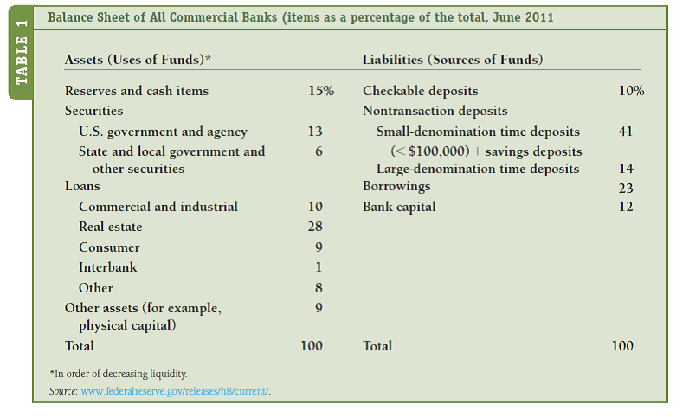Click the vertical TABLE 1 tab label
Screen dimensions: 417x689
(x=22, y=53)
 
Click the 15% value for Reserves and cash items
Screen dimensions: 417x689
(x=320, y=91)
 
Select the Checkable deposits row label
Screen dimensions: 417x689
(x=420, y=91)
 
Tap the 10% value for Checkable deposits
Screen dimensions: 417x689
(x=631, y=91)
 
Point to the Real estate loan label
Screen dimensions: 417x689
(x=110, y=227)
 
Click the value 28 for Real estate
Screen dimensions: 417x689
(x=314, y=227)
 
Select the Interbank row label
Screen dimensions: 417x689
(x=107, y=267)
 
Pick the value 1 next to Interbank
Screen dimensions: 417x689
(x=319, y=267)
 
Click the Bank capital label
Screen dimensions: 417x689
(x=399, y=207)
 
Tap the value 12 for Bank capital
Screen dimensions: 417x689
(x=626, y=207)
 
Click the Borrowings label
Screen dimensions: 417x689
(x=396, y=187)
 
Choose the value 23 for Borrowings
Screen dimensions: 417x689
(x=626, y=188)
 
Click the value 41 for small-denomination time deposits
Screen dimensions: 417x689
(x=626, y=132)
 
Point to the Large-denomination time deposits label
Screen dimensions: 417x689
(x=478, y=169)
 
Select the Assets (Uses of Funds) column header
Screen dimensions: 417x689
(x=138, y=60)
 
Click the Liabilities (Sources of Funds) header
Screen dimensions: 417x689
(x=453, y=60)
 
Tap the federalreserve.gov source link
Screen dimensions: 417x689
(x=176, y=392)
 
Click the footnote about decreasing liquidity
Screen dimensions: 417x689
(x=119, y=374)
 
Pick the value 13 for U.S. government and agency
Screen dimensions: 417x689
(x=314, y=132)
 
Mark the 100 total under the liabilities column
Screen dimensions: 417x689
(x=621, y=346)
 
